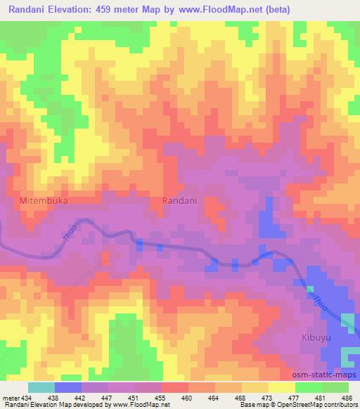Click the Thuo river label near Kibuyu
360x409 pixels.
(317, 301)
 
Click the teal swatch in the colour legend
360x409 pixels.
(41, 387)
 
